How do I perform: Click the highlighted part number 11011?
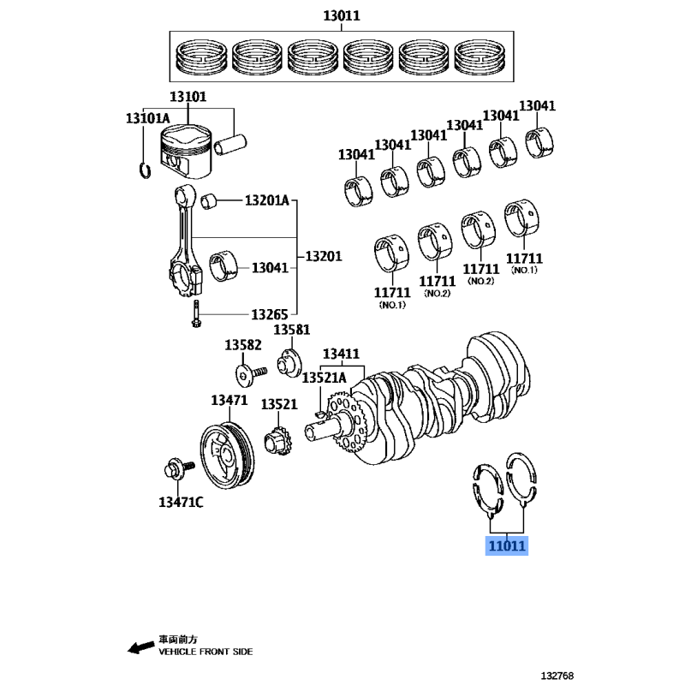508,545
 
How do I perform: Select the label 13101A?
148,118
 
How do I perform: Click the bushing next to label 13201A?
211,202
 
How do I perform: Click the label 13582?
243,344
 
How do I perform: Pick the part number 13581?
292,331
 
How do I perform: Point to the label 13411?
341,354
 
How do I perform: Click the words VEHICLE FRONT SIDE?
205,652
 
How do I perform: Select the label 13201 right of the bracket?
324,256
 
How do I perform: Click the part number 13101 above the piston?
188,98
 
